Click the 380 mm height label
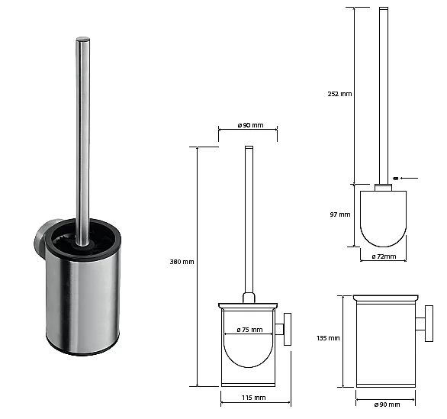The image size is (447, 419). pos(182,262)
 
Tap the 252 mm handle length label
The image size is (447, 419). pos(339,94)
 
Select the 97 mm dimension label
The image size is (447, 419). pos(340,214)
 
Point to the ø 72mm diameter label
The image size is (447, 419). pos(384,256)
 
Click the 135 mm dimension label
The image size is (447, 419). pos(328,338)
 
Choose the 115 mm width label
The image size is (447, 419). pos(254,398)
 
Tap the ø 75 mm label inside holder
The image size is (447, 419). pos(249,330)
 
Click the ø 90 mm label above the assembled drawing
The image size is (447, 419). pos(250,125)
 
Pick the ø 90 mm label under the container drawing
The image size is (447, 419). pos(387,404)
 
